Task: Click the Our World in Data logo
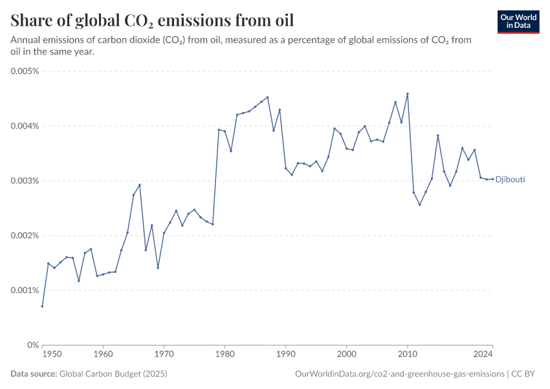pos(518,21)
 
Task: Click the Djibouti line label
pos(510,180)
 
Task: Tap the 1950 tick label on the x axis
pos(52,355)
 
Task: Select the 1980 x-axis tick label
pos(225,355)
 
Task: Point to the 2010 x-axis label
pos(408,355)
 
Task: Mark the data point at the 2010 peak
pos(408,93)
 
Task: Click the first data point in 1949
pos(42,306)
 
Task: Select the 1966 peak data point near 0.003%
pos(140,185)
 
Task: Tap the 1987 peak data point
pos(267,97)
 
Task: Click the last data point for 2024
pos(492,179)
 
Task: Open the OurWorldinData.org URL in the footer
pos(399,373)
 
